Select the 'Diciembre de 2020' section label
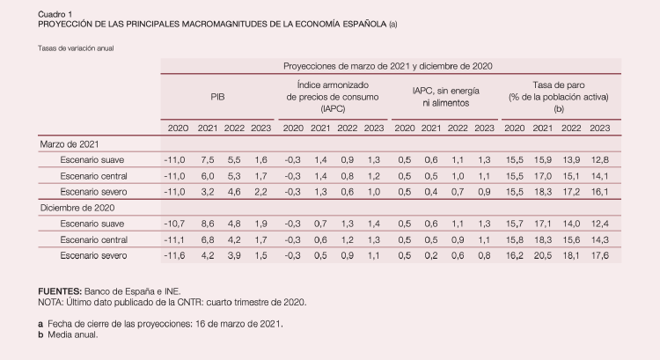tap(77, 208)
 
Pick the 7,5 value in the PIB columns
tap(208, 159)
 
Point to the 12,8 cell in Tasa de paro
tap(599, 159)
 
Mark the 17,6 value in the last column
tap(599, 255)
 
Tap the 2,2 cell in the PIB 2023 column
tap(261, 191)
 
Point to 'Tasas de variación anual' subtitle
tap(76, 48)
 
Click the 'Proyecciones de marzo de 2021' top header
tap(388, 66)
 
